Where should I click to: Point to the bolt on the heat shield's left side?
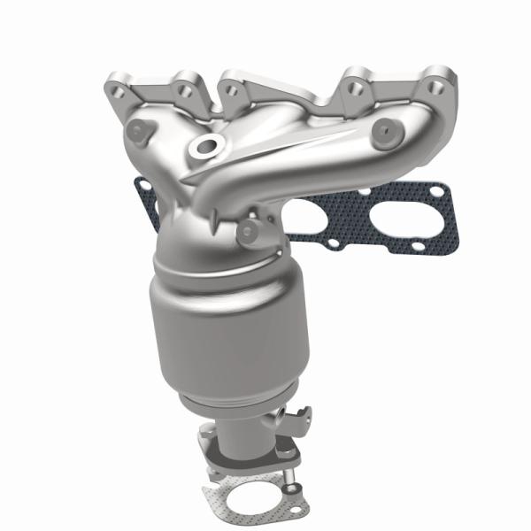click(134, 132)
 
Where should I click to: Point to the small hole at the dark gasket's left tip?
click(141, 188)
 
